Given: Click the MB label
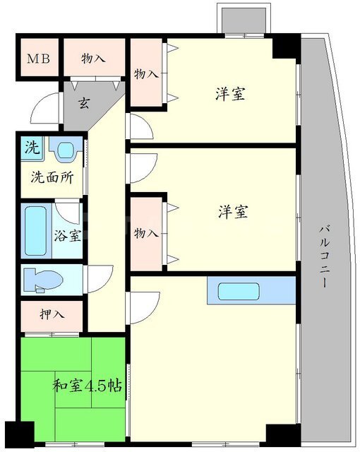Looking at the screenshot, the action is (38, 59).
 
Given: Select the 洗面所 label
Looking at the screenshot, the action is (52, 177).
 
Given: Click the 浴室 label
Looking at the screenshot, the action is (68, 235).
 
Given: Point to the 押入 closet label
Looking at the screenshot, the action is (52, 314).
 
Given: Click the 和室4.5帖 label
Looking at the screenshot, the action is (87, 386).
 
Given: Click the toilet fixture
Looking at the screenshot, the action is (43, 280).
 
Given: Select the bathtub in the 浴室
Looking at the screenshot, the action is (36, 231).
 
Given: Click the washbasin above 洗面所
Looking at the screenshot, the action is (66, 149).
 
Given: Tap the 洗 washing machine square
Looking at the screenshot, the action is (32, 148).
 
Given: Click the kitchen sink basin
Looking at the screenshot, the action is (239, 291).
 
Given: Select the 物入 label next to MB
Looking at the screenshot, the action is (93, 59).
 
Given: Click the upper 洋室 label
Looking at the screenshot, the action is (230, 94).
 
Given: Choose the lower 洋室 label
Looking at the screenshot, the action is (233, 212).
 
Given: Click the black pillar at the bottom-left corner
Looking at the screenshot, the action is (20, 434).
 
